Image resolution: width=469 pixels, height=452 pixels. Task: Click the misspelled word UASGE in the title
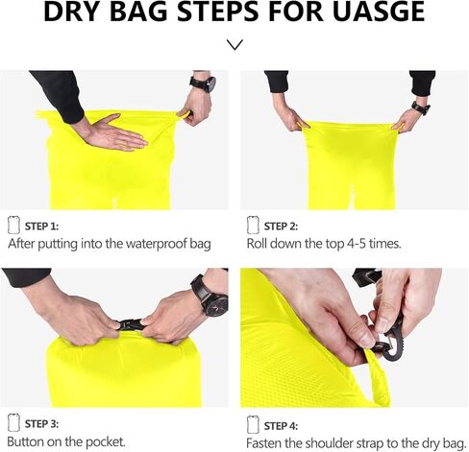[370, 13]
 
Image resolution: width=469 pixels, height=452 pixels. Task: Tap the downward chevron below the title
[234, 44]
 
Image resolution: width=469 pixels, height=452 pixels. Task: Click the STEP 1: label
[41, 226]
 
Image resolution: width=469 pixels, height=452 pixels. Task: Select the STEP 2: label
[281, 226]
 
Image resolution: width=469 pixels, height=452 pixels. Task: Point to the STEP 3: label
[41, 423]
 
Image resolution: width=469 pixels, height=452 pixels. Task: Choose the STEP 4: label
[281, 423]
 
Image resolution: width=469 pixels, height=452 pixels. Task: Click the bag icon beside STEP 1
[13, 225]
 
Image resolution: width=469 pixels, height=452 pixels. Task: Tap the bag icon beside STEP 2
[253, 225]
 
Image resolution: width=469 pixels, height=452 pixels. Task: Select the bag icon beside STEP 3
[13, 422]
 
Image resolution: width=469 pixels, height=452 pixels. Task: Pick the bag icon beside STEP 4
[253, 422]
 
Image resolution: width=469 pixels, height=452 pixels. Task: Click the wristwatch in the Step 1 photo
[203, 83]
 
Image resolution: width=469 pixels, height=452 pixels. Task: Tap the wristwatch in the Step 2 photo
[420, 107]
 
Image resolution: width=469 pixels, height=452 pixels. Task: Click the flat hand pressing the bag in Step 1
[111, 131]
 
